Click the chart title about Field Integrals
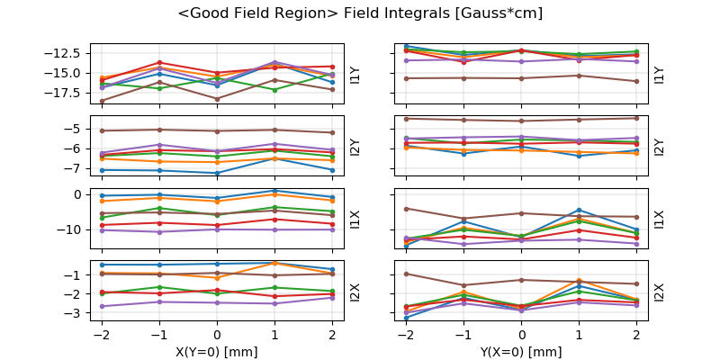tap(360, 13)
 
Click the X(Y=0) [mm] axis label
tap(217, 351)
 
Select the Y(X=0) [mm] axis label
tap(521, 351)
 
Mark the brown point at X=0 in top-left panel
tap(217, 99)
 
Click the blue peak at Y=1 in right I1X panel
tap(579, 210)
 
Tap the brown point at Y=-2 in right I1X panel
tap(406, 209)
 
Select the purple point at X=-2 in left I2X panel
tap(102, 307)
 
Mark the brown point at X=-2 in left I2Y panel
tap(102, 130)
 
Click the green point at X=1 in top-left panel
tap(274, 90)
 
